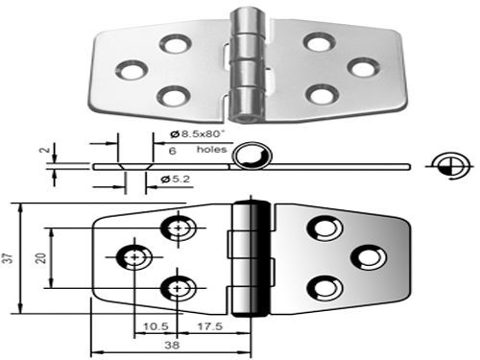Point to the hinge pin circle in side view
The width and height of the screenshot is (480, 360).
tap(254, 155)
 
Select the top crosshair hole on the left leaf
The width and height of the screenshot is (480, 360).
tap(178, 228)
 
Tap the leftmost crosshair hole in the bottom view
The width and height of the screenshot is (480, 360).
tap(132, 256)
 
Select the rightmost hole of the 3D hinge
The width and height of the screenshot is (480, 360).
tap(360, 67)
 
